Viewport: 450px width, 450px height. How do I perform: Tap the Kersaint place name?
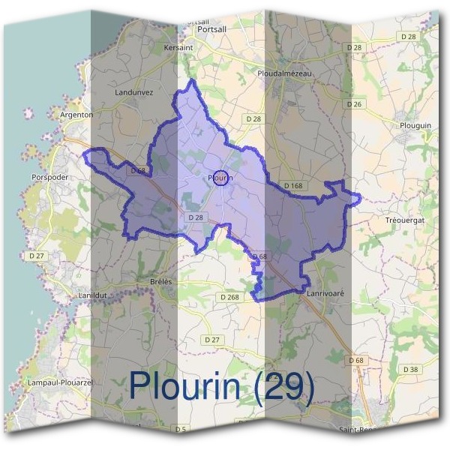point(178,47)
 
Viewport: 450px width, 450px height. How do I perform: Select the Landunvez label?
point(135,92)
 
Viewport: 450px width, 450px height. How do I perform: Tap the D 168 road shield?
point(292,185)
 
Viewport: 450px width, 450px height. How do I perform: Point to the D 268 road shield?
point(229,297)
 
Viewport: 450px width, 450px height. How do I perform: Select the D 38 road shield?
point(410,370)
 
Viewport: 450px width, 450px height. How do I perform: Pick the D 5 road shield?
point(180,429)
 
